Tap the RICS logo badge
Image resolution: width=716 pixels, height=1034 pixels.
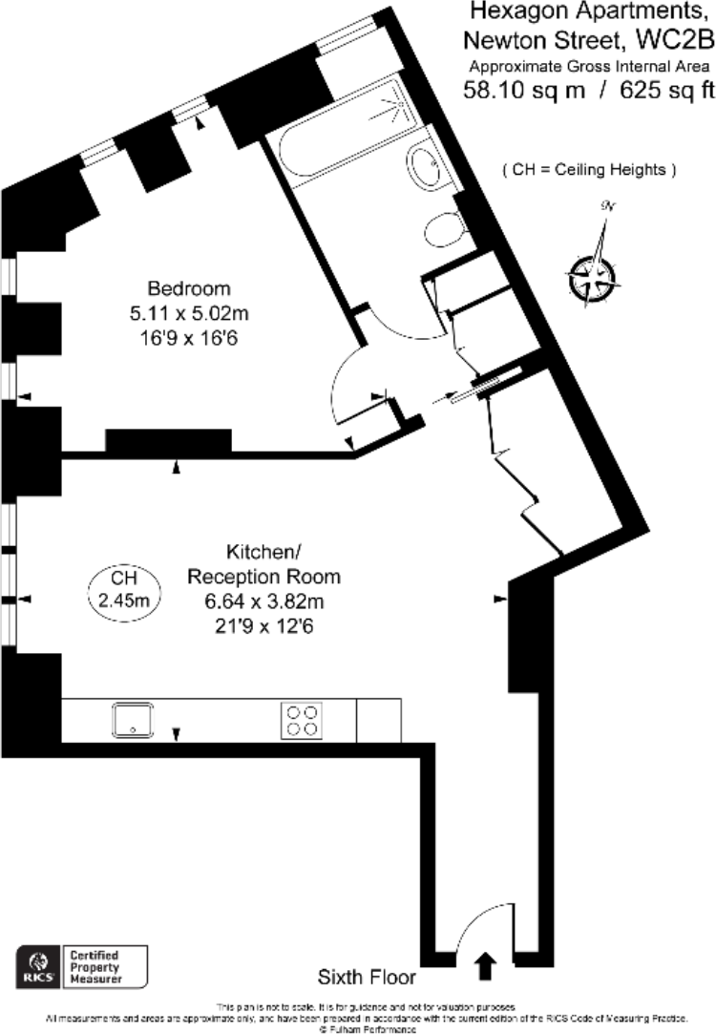pyautogui.click(x=39, y=967)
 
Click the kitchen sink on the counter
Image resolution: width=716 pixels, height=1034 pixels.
pyautogui.click(x=133, y=718)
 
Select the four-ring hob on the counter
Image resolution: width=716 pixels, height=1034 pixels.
pyautogui.click(x=301, y=719)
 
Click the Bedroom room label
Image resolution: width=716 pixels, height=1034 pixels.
pyautogui.click(x=189, y=289)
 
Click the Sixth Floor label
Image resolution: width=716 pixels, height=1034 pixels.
pyautogui.click(x=367, y=979)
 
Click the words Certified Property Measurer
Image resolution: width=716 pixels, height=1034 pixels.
pyautogui.click(x=104, y=967)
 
